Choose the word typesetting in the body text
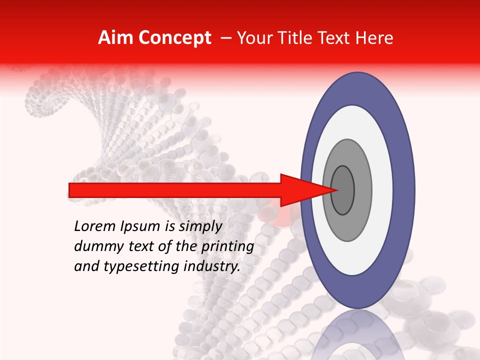pyautogui.click(x=132, y=267)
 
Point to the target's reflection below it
pyautogui.click(x=357, y=335)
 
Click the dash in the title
pyautogui.click(x=226, y=38)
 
